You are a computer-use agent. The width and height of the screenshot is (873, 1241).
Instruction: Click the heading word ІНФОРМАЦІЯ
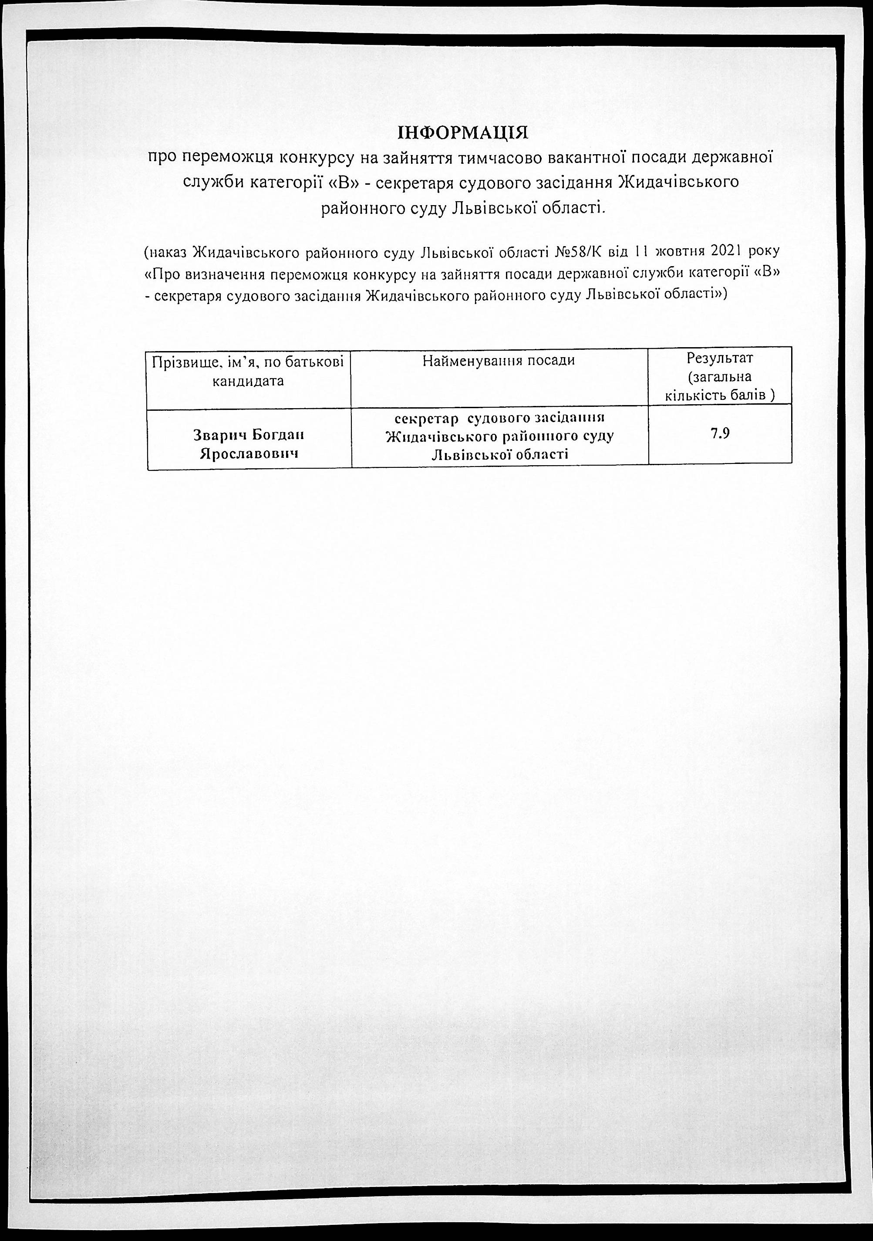[463, 132]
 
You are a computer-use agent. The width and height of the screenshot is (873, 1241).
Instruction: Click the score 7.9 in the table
[720, 433]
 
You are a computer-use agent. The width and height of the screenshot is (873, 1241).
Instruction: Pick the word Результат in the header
[720, 358]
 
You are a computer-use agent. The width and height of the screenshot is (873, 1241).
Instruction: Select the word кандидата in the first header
[249, 381]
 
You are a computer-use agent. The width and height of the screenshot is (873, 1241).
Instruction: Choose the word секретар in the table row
[427, 418]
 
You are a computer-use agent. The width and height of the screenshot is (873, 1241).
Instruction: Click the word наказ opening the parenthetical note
[169, 252]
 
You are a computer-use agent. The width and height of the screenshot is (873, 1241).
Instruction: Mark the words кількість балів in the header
[720, 396]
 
